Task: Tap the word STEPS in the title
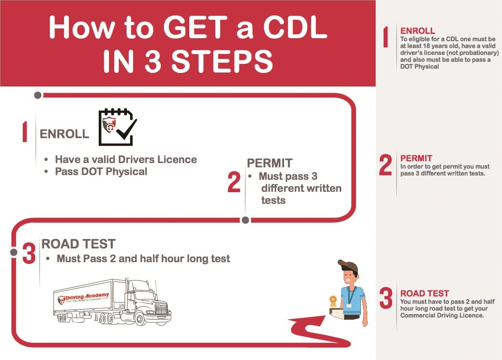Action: [222, 61]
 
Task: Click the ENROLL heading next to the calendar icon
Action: [64, 134]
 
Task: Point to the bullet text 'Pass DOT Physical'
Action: [101, 172]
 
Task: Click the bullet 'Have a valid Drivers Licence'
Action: [126, 160]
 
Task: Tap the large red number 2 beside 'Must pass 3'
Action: [234, 182]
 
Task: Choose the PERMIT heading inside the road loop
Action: [269, 163]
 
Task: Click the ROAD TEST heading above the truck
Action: [79, 244]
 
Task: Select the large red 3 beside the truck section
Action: [29, 253]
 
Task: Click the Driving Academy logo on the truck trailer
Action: [83, 298]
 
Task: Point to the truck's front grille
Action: [161, 309]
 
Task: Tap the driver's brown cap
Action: [348, 266]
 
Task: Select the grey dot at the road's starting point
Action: [38, 95]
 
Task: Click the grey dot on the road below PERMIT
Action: [245, 220]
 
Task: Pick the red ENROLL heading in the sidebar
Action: [417, 31]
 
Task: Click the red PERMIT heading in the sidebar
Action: [416, 158]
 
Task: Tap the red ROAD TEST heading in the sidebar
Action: [424, 293]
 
